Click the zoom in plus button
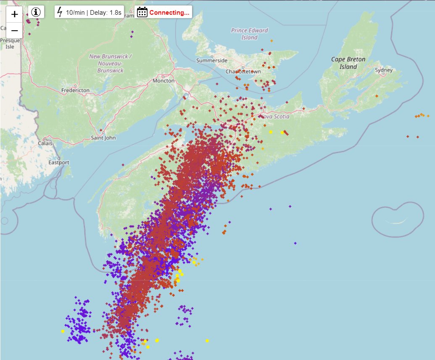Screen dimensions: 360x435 [15, 14]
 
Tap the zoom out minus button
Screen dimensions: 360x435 [15, 30]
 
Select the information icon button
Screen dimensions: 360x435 [36, 12]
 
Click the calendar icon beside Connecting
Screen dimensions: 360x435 [142, 12]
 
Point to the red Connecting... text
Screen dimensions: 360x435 [169, 13]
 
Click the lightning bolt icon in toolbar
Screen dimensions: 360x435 [60, 12]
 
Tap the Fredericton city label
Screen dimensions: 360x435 [75, 90]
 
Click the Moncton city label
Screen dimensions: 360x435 [163, 81]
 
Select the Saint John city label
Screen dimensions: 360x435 [103, 138]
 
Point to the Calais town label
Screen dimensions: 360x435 [45, 143]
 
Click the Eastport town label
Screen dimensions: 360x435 [59, 162]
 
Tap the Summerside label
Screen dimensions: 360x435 [212, 61]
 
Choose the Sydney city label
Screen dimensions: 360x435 [383, 70]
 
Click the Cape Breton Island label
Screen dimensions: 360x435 [348, 63]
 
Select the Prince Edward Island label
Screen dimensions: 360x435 [249, 34]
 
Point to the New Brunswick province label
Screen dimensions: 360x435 [111, 64]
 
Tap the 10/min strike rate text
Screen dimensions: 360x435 [75, 12]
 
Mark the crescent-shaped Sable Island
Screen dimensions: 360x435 [397, 222]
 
